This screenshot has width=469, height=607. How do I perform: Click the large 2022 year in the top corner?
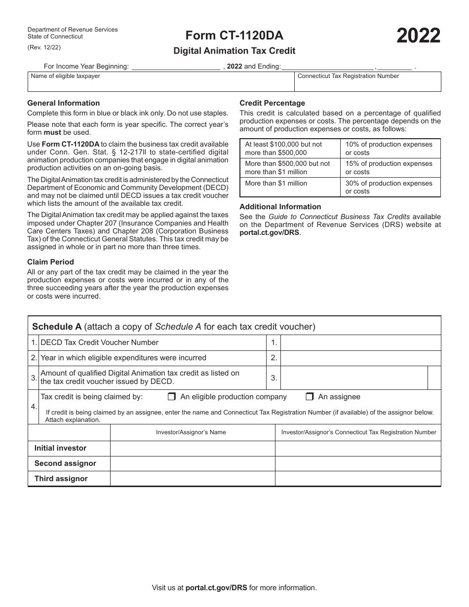(418, 37)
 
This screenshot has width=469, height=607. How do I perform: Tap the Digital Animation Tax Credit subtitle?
(234, 50)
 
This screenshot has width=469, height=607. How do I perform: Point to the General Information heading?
(63, 103)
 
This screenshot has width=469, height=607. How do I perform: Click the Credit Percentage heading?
(272, 103)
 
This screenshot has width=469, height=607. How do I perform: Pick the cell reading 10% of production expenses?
(390, 149)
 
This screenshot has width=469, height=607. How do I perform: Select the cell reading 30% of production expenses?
(390, 187)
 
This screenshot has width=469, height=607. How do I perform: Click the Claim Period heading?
(50, 262)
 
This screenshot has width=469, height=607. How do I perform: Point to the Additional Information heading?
(280, 207)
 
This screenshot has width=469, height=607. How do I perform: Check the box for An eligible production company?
(172, 397)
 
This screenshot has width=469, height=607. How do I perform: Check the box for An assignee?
(310, 397)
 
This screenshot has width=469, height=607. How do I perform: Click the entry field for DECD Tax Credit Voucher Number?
(360, 343)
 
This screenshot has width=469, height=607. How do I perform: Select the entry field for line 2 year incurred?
(360, 358)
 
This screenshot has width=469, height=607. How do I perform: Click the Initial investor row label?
(60, 448)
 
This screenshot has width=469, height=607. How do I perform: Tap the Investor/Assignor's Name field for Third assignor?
(192, 479)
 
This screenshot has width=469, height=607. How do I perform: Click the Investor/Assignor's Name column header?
(191, 432)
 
